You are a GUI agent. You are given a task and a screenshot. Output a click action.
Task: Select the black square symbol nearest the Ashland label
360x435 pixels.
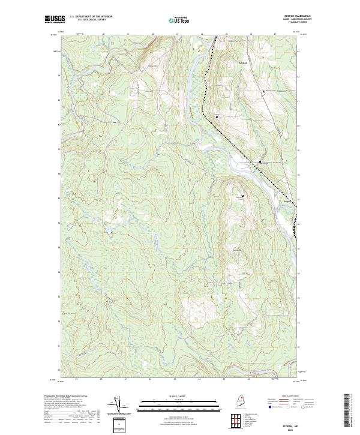point(265,91)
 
